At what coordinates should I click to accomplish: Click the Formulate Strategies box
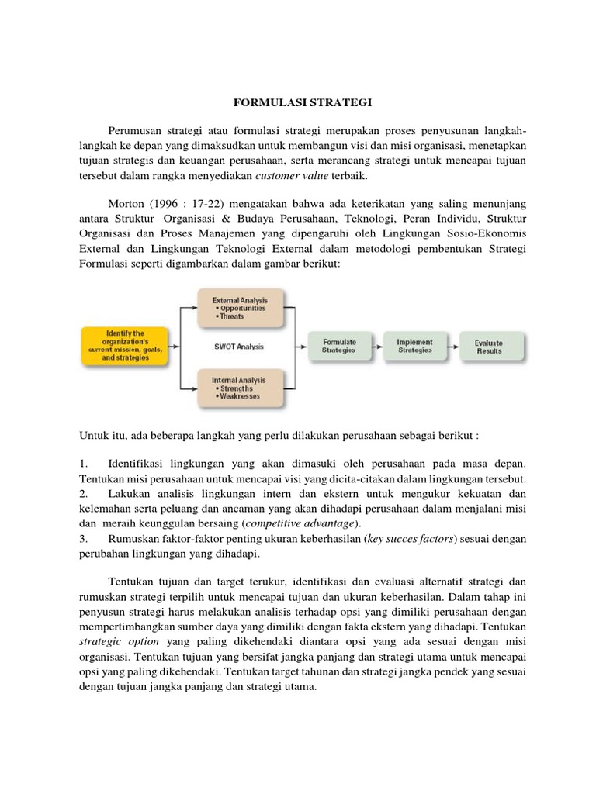pyautogui.click(x=339, y=346)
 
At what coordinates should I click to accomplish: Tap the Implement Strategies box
pyautogui.click(x=414, y=346)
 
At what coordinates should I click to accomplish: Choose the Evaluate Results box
pyautogui.click(x=489, y=347)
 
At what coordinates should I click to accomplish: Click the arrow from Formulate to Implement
pyautogui.click(x=377, y=346)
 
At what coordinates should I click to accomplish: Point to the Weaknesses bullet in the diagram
pyautogui.click(x=241, y=396)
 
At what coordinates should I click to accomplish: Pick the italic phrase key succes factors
pyautogui.click(x=412, y=539)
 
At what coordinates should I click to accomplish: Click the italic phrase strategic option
pyautogui.click(x=120, y=642)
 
